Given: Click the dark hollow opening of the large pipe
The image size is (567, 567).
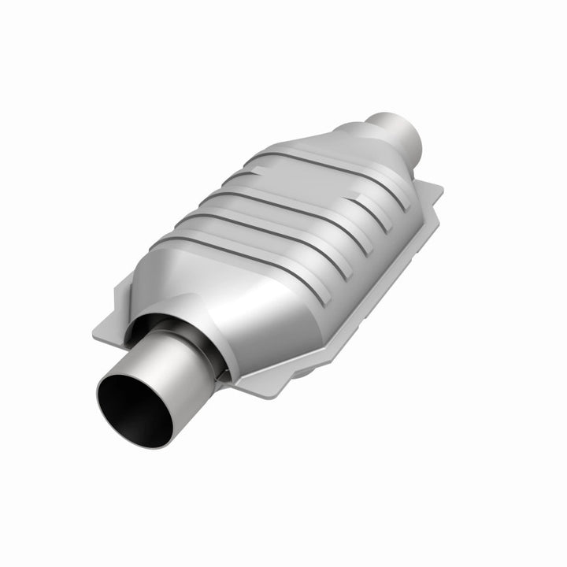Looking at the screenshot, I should (x=135, y=409).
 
